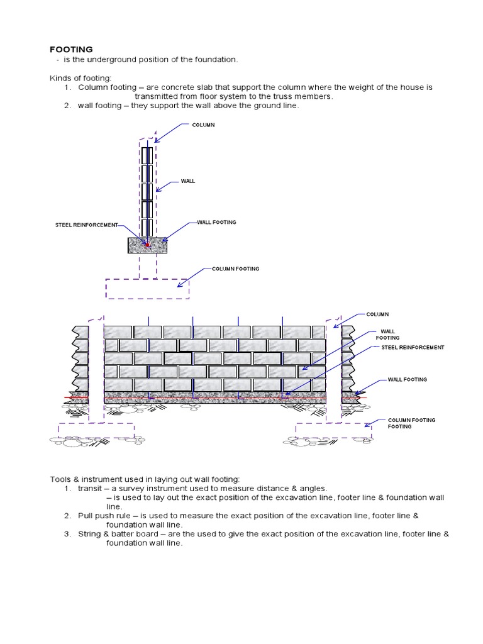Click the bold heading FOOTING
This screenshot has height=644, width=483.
tap(71, 49)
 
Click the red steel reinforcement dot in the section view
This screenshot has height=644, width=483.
tap(148, 245)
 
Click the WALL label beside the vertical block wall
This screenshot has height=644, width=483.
tap(188, 181)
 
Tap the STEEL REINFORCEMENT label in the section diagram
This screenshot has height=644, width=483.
tap(86, 225)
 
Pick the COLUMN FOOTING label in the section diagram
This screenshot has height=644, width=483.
tap(235, 269)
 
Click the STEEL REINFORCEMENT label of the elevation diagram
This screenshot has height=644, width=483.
tap(413, 348)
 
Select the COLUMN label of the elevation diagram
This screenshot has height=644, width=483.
tap(377, 314)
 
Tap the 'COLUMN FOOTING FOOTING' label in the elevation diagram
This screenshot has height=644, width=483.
tap(411, 423)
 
